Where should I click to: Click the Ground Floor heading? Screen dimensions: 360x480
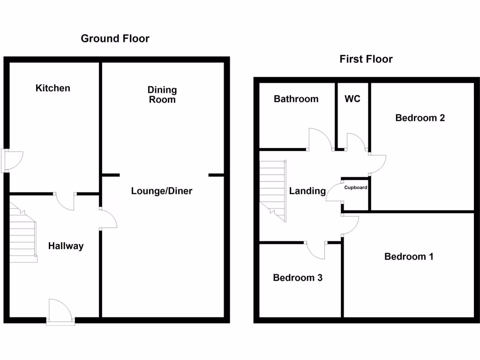pos(115,38)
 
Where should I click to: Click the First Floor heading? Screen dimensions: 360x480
pos(366,59)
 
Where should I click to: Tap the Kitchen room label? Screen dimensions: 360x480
pos(53,88)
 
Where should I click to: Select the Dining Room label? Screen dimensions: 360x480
pos(162,94)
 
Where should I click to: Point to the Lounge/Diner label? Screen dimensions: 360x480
pos(162,191)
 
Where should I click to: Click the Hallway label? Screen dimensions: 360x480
pos(66,246)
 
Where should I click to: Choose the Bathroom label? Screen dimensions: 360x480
pos(296,99)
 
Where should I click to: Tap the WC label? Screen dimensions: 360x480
pos(352,99)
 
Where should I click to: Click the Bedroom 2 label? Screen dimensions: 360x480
pos(420,118)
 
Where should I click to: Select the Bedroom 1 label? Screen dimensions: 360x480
pos(409,256)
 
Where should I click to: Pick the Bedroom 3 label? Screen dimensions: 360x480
pos(298,277)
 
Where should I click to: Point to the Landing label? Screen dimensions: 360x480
pos(307,191)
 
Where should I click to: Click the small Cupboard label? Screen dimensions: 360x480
pos(356,188)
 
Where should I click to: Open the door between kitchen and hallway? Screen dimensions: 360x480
pos(65,201)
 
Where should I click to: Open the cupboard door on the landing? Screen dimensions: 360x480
pos(334,192)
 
